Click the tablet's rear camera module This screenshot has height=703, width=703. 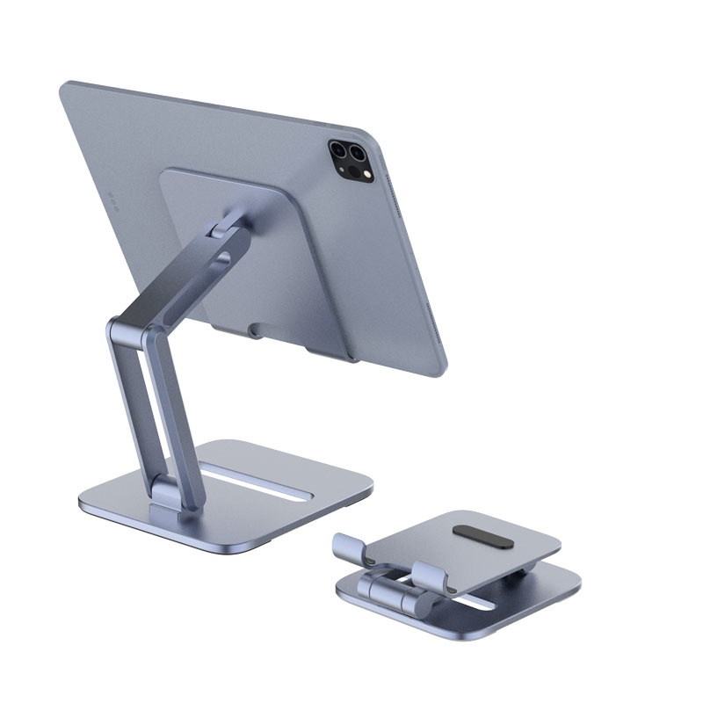[350, 160]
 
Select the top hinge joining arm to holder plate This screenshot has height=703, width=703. [231, 227]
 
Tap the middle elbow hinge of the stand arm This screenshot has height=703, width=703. [123, 332]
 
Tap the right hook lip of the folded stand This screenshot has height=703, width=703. [431, 576]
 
